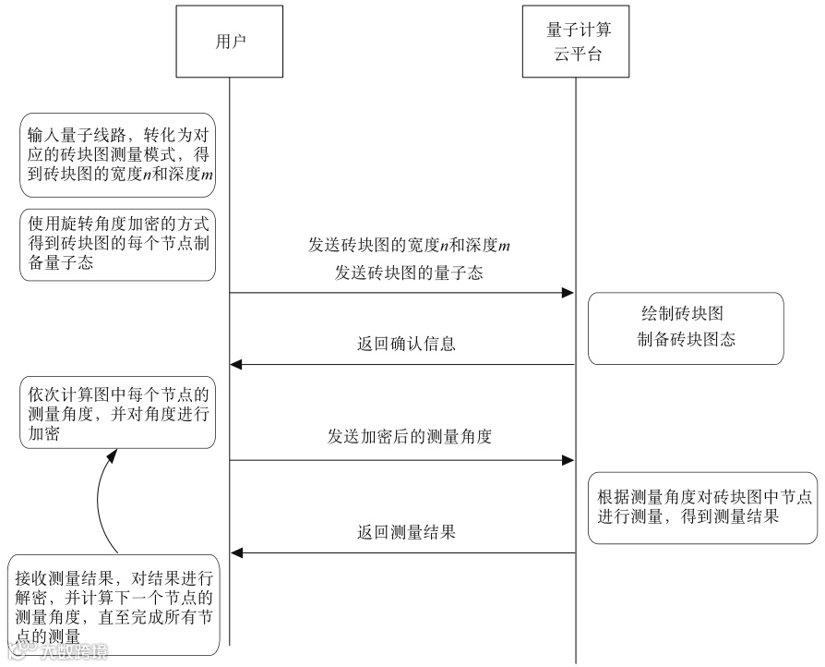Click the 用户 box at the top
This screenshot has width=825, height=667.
point(230,41)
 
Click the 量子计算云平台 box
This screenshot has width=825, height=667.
point(578,42)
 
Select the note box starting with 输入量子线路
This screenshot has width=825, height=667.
point(118,154)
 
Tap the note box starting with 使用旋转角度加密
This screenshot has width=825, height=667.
point(118,245)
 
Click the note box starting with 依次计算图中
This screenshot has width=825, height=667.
point(118,413)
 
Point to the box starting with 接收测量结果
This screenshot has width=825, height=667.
point(115,606)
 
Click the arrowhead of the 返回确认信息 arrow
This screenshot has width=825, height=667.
point(236,365)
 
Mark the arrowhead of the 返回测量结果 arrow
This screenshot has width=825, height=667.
point(236,553)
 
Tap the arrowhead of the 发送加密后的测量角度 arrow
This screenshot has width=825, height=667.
point(568,459)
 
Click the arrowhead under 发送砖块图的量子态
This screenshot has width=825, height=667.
point(568,293)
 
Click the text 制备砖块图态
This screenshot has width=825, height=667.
point(686,340)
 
